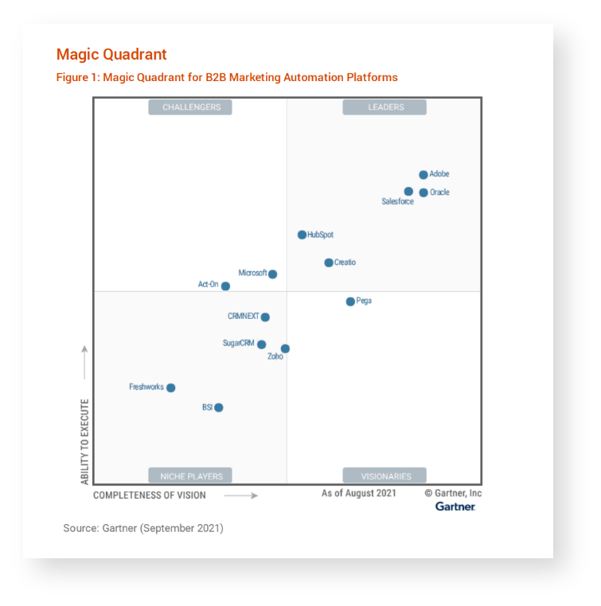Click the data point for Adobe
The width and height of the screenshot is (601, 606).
tap(423, 175)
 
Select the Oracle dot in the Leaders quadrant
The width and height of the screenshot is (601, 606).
tap(423, 192)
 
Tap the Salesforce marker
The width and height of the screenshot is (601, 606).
tap(408, 192)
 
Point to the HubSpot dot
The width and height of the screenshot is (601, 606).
tap(302, 235)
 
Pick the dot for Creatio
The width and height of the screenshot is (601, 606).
tap(329, 262)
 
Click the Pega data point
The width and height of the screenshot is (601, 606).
tap(350, 301)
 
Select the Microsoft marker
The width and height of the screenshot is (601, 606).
tap(272, 274)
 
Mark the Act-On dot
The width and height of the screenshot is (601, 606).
tap(225, 286)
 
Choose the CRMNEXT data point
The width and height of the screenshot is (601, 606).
tap(265, 317)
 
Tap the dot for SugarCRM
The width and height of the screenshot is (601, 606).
tap(261, 344)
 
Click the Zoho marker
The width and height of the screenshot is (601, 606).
tap(285, 348)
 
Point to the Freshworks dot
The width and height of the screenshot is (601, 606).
tap(170, 388)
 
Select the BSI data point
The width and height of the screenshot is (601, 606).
tap(218, 408)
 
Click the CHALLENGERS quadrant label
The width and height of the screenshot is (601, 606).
tap(191, 107)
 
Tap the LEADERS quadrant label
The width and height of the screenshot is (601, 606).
tap(385, 107)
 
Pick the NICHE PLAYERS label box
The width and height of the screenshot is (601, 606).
tap(191, 476)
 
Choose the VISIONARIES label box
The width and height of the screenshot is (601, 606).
tap(385, 476)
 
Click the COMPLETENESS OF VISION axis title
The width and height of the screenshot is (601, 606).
tap(150, 495)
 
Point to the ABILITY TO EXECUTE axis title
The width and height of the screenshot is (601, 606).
tap(84, 441)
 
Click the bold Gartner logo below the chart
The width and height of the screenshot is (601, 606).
tap(455, 507)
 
